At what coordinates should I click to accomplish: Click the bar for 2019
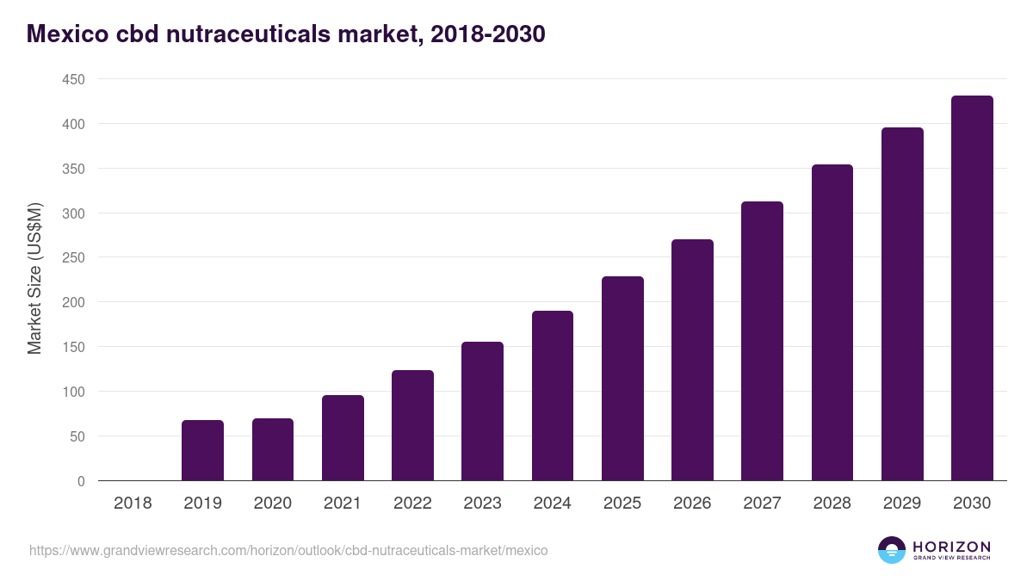click(202, 450)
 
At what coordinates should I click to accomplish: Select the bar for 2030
click(972, 288)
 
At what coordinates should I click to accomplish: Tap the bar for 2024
click(552, 396)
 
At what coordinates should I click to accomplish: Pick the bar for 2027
click(762, 341)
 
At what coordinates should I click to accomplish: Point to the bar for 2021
click(343, 438)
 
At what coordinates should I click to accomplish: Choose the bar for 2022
click(412, 425)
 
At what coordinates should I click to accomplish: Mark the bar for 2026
click(692, 360)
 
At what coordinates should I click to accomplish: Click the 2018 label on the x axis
click(133, 504)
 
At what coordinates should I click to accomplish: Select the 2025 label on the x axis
click(622, 504)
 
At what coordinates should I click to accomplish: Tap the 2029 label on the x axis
click(902, 504)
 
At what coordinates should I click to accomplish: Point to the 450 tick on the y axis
click(73, 80)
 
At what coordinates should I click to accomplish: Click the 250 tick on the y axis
click(73, 258)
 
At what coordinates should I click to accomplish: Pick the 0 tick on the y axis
click(81, 481)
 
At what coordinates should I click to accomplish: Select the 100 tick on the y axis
click(73, 392)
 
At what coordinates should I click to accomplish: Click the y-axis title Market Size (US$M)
click(34, 278)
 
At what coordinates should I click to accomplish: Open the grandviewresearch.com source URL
click(288, 550)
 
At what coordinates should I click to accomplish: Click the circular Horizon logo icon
click(891, 550)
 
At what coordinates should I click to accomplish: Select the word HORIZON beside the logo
click(951, 546)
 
